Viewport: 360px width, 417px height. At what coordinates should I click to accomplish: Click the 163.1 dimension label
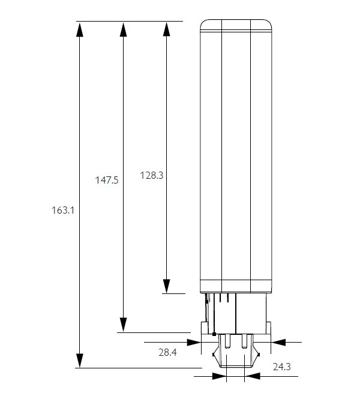pyautogui.click(x=63, y=211)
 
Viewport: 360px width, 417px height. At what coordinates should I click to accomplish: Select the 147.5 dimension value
pyautogui.click(x=107, y=181)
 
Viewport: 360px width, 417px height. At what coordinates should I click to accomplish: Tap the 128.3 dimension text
pyautogui.click(x=152, y=176)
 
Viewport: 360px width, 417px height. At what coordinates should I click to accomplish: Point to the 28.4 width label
pyautogui.click(x=167, y=352)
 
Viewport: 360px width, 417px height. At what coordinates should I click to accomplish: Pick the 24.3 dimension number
pyautogui.click(x=282, y=367)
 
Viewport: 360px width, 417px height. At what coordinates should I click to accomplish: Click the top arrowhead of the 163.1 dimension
pyautogui.click(x=79, y=29)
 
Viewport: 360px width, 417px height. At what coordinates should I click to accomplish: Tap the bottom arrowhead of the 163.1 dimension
pyautogui.click(x=79, y=361)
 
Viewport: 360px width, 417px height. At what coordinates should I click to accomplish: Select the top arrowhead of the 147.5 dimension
pyautogui.click(x=123, y=29)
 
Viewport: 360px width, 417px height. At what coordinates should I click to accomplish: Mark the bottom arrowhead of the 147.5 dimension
pyautogui.click(x=123, y=325)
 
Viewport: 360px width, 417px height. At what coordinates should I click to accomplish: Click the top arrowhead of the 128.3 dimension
pyautogui.click(x=166, y=29)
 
